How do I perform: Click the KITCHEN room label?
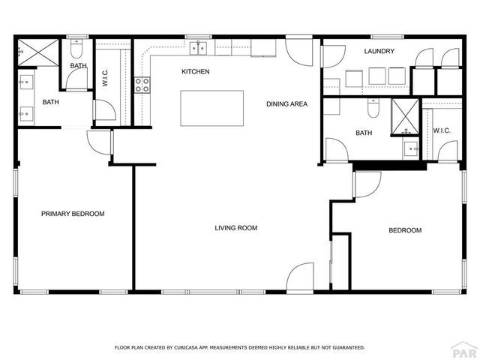[x=195, y=72]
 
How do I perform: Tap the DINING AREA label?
[x=286, y=104]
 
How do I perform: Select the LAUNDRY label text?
[x=379, y=51]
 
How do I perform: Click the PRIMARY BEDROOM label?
[x=73, y=214]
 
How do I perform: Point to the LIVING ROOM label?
[x=235, y=228]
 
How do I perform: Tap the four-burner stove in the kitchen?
[x=140, y=85]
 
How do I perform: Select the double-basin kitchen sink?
[x=198, y=49]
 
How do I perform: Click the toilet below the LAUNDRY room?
[x=373, y=109]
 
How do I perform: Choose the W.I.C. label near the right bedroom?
[x=442, y=130]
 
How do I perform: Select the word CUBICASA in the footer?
[x=188, y=348]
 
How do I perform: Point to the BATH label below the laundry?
[x=364, y=133]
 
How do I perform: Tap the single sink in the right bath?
[x=410, y=148]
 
